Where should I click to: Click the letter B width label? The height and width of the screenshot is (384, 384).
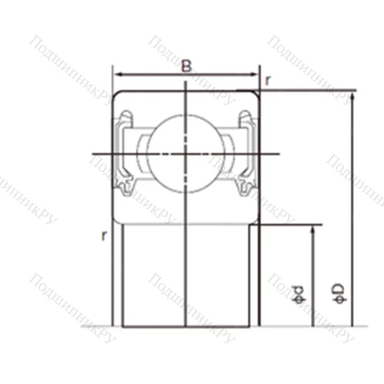pyautogui.click(x=186, y=66)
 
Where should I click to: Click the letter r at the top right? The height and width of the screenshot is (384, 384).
pyautogui.click(x=267, y=79)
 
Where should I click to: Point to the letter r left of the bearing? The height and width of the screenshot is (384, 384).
pyautogui.click(x=103, y=237)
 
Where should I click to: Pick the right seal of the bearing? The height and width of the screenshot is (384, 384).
pyautogui.click(x=247, y=154)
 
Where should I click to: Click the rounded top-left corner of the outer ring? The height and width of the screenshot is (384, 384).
pyautogui.click(x=118, y=94)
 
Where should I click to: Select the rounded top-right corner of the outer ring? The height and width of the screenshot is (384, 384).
pyautogui.click(x=254, y=94)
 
